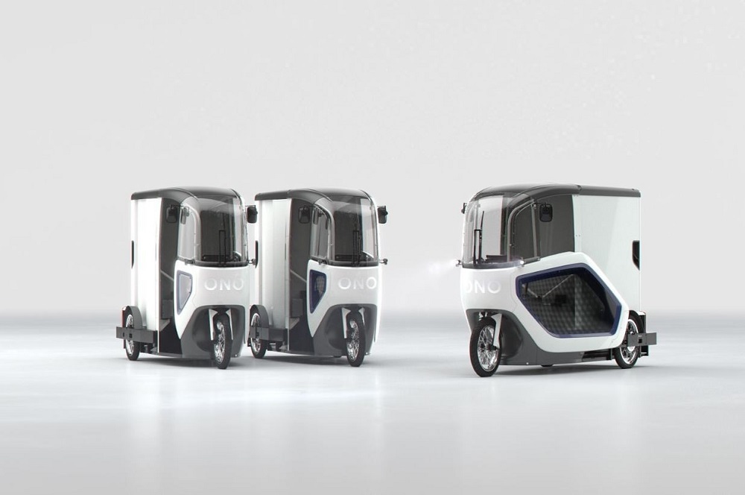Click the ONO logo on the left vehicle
(223, 284)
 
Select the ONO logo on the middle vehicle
(358, 283)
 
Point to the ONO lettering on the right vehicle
(482, 286)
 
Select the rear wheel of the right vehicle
(629, 340)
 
